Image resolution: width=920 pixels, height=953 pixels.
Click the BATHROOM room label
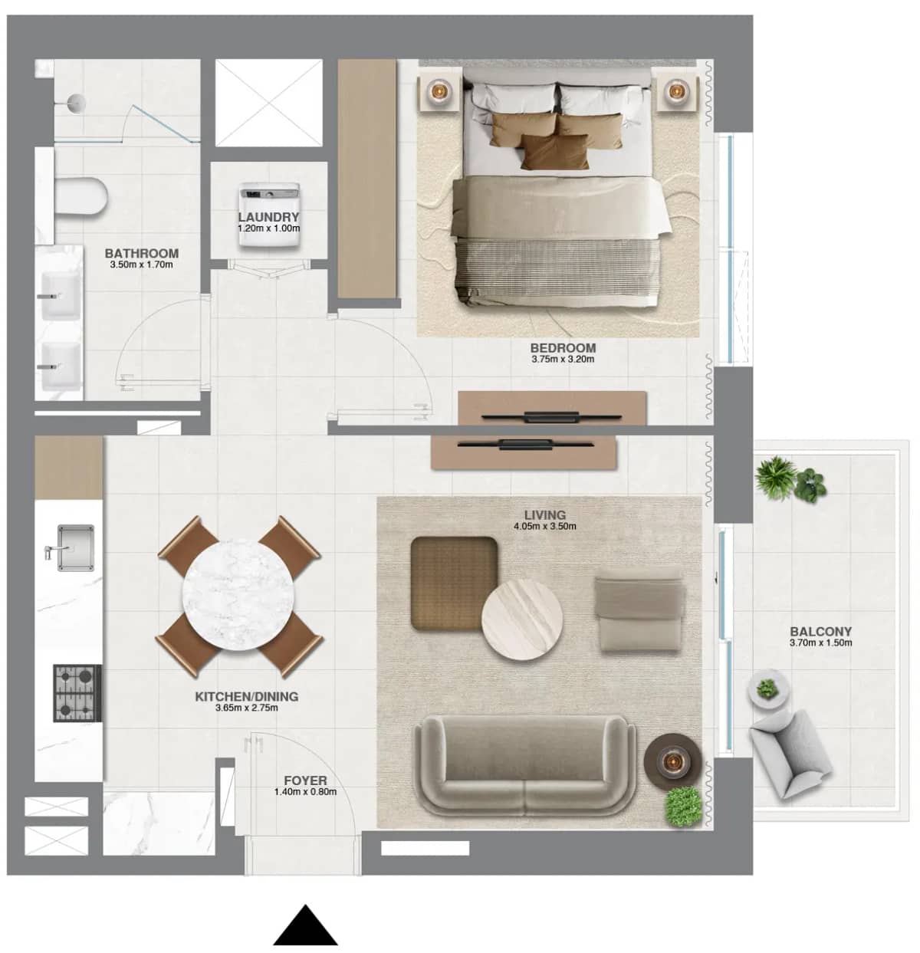pyautogui.click(x=141, y=253)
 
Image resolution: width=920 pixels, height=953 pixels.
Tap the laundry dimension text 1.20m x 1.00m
pyautogui.click(x=268, y=228)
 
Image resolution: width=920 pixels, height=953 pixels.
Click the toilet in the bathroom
pyautogui.click(x=80, y=197)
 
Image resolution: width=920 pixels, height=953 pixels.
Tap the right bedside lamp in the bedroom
pyautogui.click(x=675, y=91)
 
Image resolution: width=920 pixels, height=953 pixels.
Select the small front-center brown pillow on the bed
pyautogui.click(x=555, y=151)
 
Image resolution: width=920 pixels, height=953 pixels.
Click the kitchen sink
pyautogui.click(x=75, y=547)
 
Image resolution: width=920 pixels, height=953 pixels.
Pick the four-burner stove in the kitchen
pyautogui.click(x=77, y=693)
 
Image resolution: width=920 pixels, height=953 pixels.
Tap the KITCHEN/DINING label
pyautogui.click(x=246, y=697)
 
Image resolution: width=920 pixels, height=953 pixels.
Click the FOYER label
pyautogui.click(x=305, y=781)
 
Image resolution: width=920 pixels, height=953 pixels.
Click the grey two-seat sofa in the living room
pyautogui.click(x=524, y=767)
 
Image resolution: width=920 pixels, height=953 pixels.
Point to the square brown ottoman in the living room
pyautogui.click(x=454, y=583)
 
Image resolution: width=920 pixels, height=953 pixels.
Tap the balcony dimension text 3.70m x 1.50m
pyautogui.click(x=820, y=643)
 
